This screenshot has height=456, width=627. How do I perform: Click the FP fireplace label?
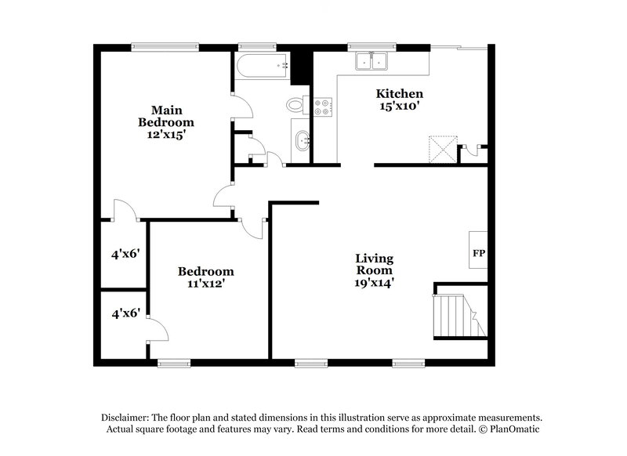(x=477, y=253)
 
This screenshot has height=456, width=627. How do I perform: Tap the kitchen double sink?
(x=371, y=61)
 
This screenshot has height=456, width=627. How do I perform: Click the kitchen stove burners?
(x=322, y=107)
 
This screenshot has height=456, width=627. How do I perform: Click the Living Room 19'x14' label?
(x=374, y=270)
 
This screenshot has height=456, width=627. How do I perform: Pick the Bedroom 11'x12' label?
(x=205, y=277)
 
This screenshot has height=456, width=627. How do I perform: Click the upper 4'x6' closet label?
(x=125, y=253)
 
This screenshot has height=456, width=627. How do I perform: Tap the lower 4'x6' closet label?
(x=125, y=313)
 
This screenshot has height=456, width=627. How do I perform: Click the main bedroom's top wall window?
(x=165, y=46)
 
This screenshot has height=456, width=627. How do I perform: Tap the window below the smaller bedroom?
(x=173, y=363)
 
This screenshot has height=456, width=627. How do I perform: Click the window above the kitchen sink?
(x=361, y=46)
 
